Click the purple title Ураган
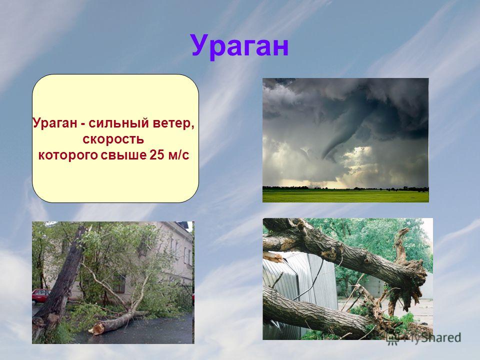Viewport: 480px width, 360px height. point(239,46)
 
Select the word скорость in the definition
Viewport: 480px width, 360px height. point(113,139)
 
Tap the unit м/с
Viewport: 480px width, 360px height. point(179,155)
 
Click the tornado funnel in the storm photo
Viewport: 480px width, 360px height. point(340,138)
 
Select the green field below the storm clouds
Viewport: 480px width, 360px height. point(345,195)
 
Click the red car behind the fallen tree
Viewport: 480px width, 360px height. point(40,296)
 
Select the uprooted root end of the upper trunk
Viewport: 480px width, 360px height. point(410,275)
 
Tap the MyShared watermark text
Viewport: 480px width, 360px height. point(432,338)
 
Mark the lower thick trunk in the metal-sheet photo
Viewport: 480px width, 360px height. point(318,315)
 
